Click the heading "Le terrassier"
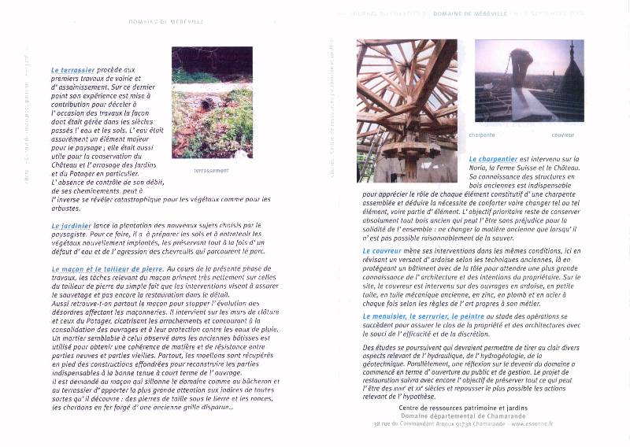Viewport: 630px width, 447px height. tap(73, 69)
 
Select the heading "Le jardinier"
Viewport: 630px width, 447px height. tap(70, 226)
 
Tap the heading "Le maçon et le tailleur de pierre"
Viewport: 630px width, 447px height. tap(108, 269)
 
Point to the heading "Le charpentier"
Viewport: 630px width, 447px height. tap(493, 158)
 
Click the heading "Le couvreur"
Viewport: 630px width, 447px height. tap(384, 251)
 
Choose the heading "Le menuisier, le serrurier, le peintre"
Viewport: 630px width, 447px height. tap(423, 316)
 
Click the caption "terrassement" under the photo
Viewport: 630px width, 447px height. tap(211, 170)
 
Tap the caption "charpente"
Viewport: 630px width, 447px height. tap(482, 135)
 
